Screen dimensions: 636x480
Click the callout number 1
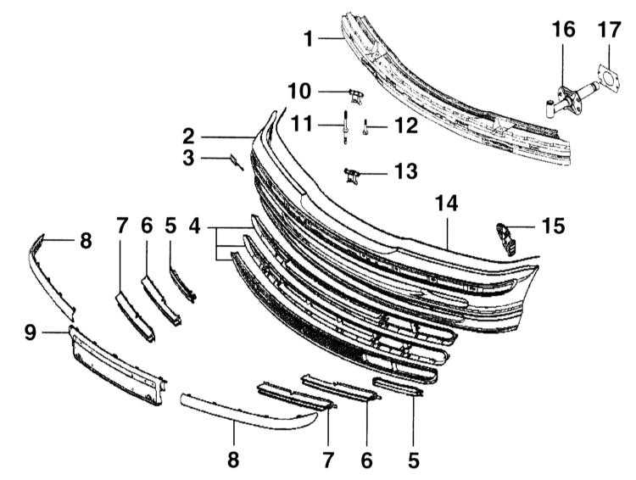[309, 39]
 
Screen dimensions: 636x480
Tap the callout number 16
[563, 30]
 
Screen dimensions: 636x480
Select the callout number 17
[609, 30]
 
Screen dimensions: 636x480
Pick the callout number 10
[299, 92]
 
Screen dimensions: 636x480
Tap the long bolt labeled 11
[345, 126]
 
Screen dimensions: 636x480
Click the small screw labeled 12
[365, 128]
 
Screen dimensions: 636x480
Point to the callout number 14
[446, 204]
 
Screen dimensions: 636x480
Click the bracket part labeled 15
[505, 239]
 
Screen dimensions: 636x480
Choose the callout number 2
[188, 137]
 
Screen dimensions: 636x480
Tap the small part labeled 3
[237, 162]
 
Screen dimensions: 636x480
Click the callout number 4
[195, 226]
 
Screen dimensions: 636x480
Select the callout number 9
[31, 332]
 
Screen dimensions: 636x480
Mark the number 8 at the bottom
[233, 460]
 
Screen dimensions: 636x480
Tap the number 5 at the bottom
[413, 460]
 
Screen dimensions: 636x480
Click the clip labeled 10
[356, 96]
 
